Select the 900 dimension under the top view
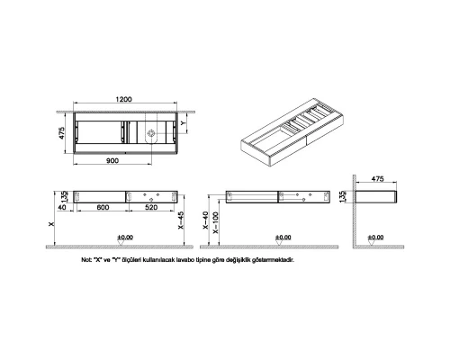click(x=112, y=160)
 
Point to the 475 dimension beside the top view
click(x=63, y=135)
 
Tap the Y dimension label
click(x=184, y=126)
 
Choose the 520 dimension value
click(x=150, y=208)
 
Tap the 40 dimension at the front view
click(x=62, y=208)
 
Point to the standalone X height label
click(x=51, y=222)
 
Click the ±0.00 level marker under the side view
click(x=376, y=238)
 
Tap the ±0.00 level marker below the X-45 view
click(x=125, y=238)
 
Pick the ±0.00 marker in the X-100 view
click(x=283, y=238)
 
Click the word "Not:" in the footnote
click(x=87, y=259)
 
